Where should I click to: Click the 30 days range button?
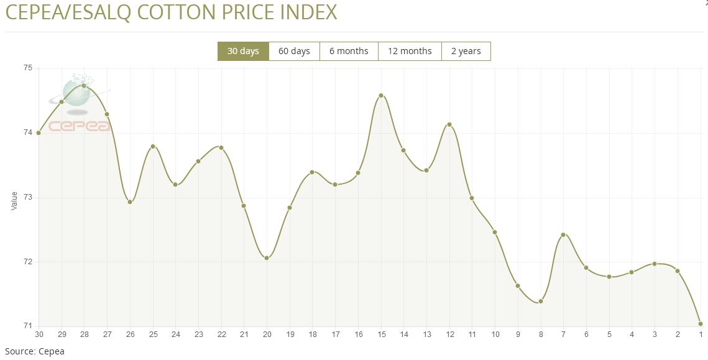click(243, 51)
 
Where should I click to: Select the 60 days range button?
click(294, 51)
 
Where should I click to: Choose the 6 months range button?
click(349, 51)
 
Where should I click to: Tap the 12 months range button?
click(410, 51)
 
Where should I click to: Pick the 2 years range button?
click(466, 51)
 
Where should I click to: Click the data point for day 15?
click(381, 96)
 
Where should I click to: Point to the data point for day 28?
click(84, 86)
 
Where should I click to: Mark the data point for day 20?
click(267, 258)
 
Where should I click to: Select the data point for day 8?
click(541, 302)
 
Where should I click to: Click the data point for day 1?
click(701, 324)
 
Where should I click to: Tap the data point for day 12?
click(449, 125)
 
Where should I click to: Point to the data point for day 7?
click(563, 234)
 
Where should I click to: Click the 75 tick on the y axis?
click(27, 68)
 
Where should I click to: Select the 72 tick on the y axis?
click(27, 262)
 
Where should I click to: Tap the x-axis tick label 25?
click(153, 335)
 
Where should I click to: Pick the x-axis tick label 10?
click(495, 335)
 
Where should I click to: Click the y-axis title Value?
click(14, 200)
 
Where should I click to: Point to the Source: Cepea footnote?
click(35, 351)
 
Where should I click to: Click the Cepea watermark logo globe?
click(78, 91)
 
